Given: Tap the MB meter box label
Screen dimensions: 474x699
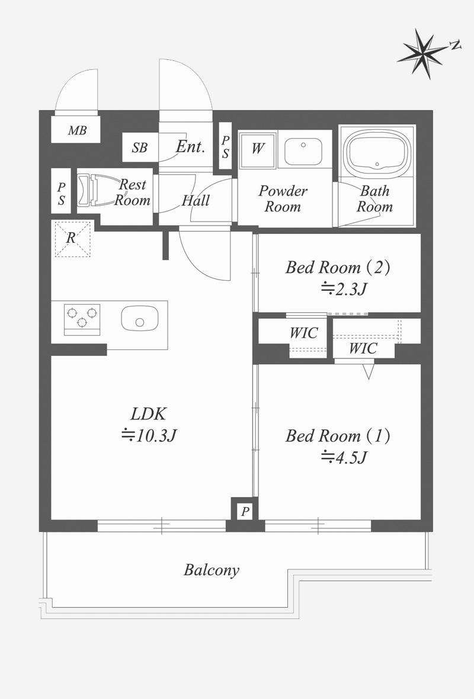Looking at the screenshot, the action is point(77,130).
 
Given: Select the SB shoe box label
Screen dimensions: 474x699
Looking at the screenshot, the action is point(140,148).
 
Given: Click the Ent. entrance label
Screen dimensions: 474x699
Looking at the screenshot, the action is point(190,147).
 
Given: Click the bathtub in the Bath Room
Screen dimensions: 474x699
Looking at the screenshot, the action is point(377,151).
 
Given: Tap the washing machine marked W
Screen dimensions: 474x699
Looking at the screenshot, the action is point(257,149).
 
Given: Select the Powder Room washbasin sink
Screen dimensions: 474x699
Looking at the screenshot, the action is point(303,151).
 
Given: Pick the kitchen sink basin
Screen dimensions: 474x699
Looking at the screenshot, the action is point(140,318).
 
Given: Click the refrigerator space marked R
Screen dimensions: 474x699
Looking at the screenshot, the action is point(72,239).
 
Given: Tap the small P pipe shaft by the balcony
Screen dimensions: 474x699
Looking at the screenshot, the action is point(245,511).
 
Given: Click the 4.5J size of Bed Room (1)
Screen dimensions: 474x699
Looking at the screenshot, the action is point(344,457).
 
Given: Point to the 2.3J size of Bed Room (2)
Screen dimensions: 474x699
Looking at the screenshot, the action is point(344,289).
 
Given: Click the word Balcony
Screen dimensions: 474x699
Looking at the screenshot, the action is point(212,570).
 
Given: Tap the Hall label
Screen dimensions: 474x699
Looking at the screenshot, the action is point(196,201).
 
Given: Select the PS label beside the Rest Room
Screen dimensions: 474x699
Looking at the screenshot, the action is point(61,194).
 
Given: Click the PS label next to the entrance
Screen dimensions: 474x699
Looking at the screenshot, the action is point(225,147).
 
